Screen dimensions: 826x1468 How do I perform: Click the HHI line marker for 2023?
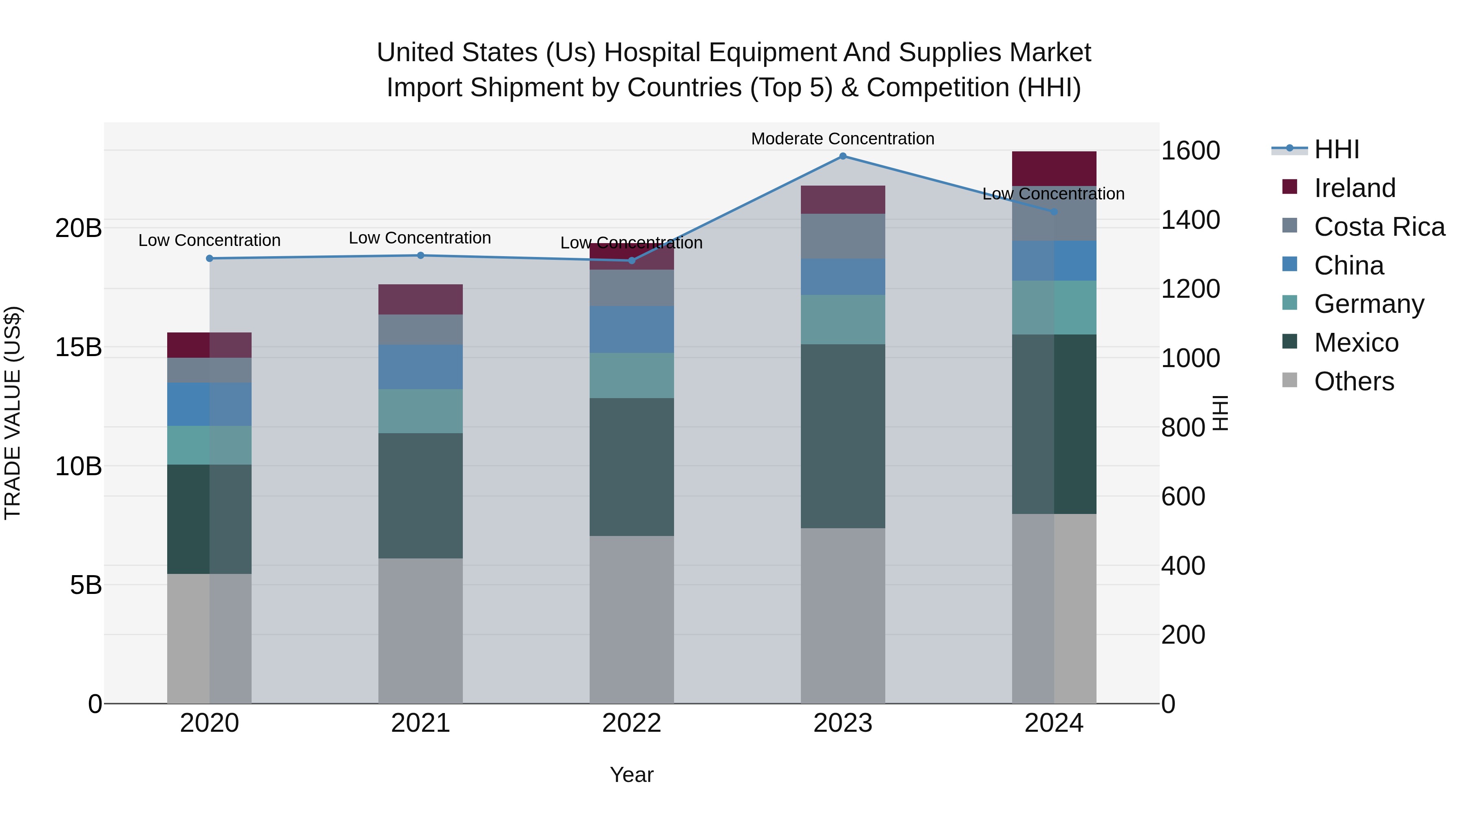(x=843, y=156)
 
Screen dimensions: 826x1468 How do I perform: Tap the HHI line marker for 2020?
(x=210, y=258)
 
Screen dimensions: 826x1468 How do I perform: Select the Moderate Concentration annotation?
(x=842, y=139)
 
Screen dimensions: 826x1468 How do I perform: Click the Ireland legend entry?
(x=1354, y=188)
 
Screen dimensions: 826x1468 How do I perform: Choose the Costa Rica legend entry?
(x=1379, y=227)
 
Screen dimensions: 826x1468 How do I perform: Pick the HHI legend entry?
(x=1336, y=149)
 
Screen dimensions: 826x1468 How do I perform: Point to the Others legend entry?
(x=1353, y=381)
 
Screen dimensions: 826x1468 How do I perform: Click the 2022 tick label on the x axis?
(x=631, y=723)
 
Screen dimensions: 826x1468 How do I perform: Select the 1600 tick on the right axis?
(x=1190, y=151)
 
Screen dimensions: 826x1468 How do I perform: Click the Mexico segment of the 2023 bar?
(x=843, y=436)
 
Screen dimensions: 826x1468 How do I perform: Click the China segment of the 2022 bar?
(x=631, y=330)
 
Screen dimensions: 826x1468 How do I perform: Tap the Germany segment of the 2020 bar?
(x=209, y=445)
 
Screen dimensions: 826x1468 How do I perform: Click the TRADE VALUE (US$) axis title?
(x=13, y=413)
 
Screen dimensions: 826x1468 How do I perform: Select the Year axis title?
(x=631, y=775)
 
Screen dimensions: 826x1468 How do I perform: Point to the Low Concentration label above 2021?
(x=420, y=238)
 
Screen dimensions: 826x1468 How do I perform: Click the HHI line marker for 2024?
(x=1054, y=211)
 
